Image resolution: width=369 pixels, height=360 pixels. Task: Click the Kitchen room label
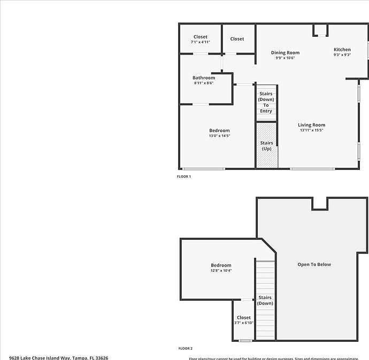[342, 50]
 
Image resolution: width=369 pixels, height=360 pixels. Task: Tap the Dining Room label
[285, 52]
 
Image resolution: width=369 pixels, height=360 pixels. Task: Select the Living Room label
[311, 125]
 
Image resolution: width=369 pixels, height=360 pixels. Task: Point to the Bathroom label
[204, 78]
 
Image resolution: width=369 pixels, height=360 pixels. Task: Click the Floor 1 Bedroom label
[219, 130]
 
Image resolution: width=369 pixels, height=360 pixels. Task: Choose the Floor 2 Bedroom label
[221, 265]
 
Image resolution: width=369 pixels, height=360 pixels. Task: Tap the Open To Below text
[314, 264]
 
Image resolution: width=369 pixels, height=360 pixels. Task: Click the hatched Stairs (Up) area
[266, 146]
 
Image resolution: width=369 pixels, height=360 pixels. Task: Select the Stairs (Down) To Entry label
[266, 102]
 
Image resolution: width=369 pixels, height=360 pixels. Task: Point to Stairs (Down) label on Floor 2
[265, 300]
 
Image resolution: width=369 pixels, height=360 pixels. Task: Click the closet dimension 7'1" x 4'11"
[201, 42]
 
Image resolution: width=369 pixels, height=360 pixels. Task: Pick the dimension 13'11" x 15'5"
[311, 130]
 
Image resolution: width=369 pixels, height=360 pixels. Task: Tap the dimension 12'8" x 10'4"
[221, 270]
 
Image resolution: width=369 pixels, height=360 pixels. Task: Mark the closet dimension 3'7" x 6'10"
[243, 323]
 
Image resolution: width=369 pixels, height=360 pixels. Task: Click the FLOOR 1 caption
[184, 176]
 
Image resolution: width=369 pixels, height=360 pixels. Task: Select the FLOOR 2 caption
[184, 348]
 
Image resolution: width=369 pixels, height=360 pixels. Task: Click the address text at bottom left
[59, 357]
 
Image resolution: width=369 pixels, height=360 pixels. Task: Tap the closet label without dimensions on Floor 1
[237, 39]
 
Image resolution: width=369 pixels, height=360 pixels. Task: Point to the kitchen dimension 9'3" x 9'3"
[342, 55]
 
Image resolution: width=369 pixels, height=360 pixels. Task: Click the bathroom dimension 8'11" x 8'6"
[204, 83]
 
